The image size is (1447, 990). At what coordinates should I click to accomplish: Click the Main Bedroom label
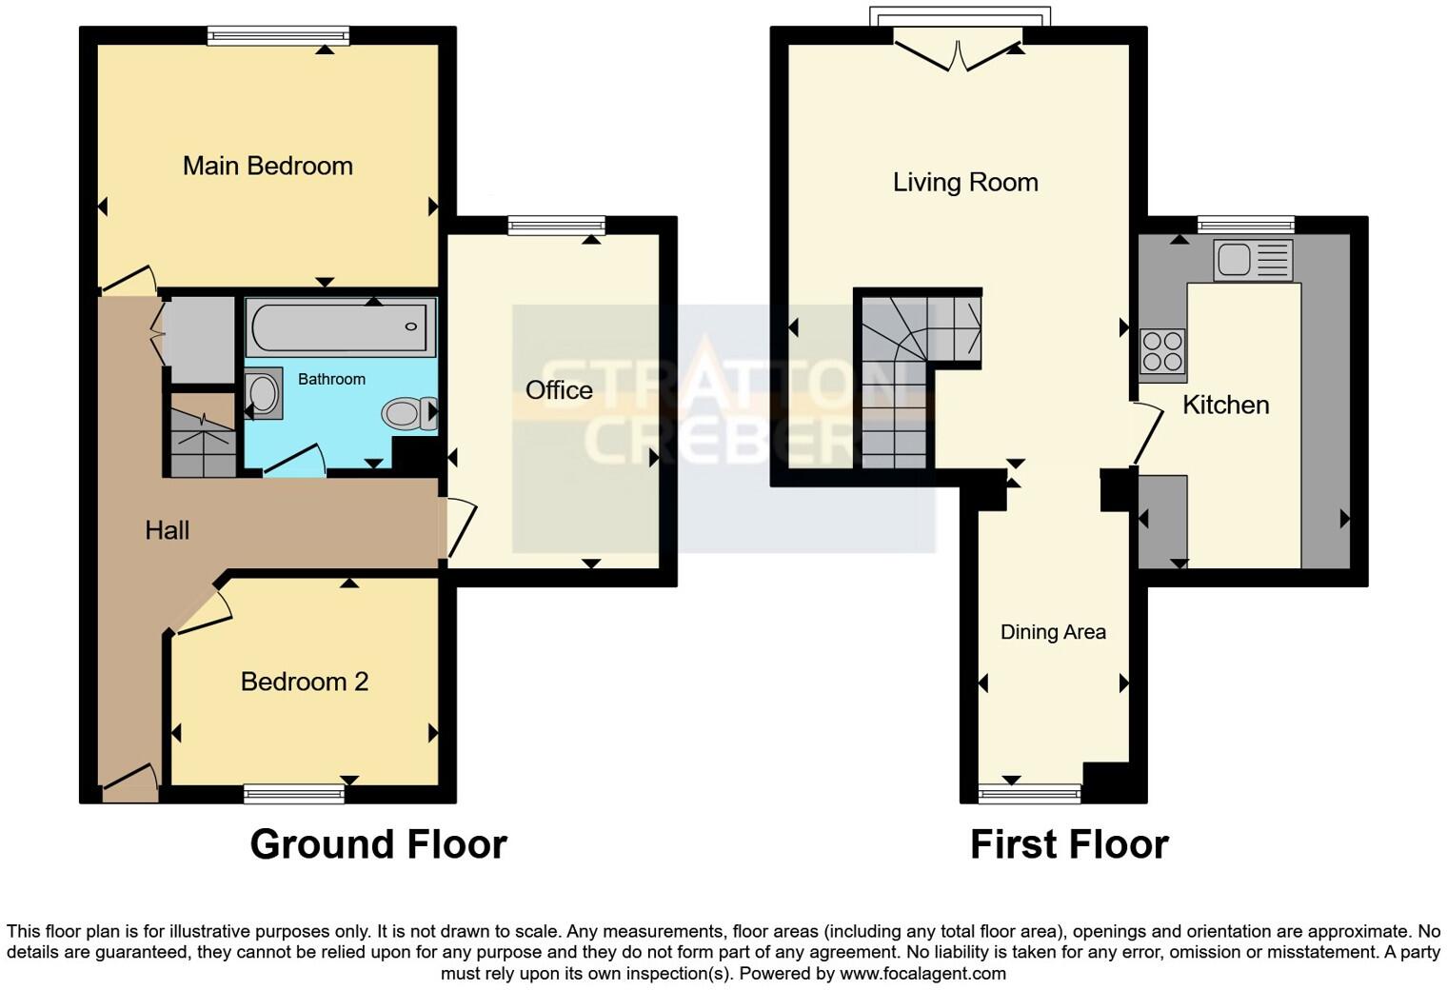tap(268, 166)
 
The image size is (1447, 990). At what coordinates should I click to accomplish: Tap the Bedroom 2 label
tap(304, 682)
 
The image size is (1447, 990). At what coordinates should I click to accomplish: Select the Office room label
tap(559, 390)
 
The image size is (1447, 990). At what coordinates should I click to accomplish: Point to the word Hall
tap(167, 530)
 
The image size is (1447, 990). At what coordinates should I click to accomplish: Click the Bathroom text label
tap(331, 379)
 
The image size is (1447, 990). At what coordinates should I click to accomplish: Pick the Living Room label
tap(964, 182)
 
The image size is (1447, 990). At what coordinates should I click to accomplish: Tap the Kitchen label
tap(1225, 405)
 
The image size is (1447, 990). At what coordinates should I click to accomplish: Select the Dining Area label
tap(1053, 632)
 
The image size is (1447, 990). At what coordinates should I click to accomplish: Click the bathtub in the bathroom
tap(340, 327)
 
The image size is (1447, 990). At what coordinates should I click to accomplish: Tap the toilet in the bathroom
tap(405, 414)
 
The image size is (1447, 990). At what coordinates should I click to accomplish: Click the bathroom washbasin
tap(263, 393)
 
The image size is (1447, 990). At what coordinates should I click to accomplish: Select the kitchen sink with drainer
tap(1253, 259)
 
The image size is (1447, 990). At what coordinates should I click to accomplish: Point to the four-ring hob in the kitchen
tap(1162, 351)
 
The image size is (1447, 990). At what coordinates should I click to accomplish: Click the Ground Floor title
tap(378, 844)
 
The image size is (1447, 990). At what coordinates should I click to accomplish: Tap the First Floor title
tap(1069, 844)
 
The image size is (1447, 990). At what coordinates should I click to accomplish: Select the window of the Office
tap(556, 226)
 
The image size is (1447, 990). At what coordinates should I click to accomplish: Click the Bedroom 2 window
tap(294, 794)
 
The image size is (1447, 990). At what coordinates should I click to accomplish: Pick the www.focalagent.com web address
tap(922, 973)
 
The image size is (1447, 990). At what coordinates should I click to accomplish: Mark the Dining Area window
tap(1030, 793)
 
